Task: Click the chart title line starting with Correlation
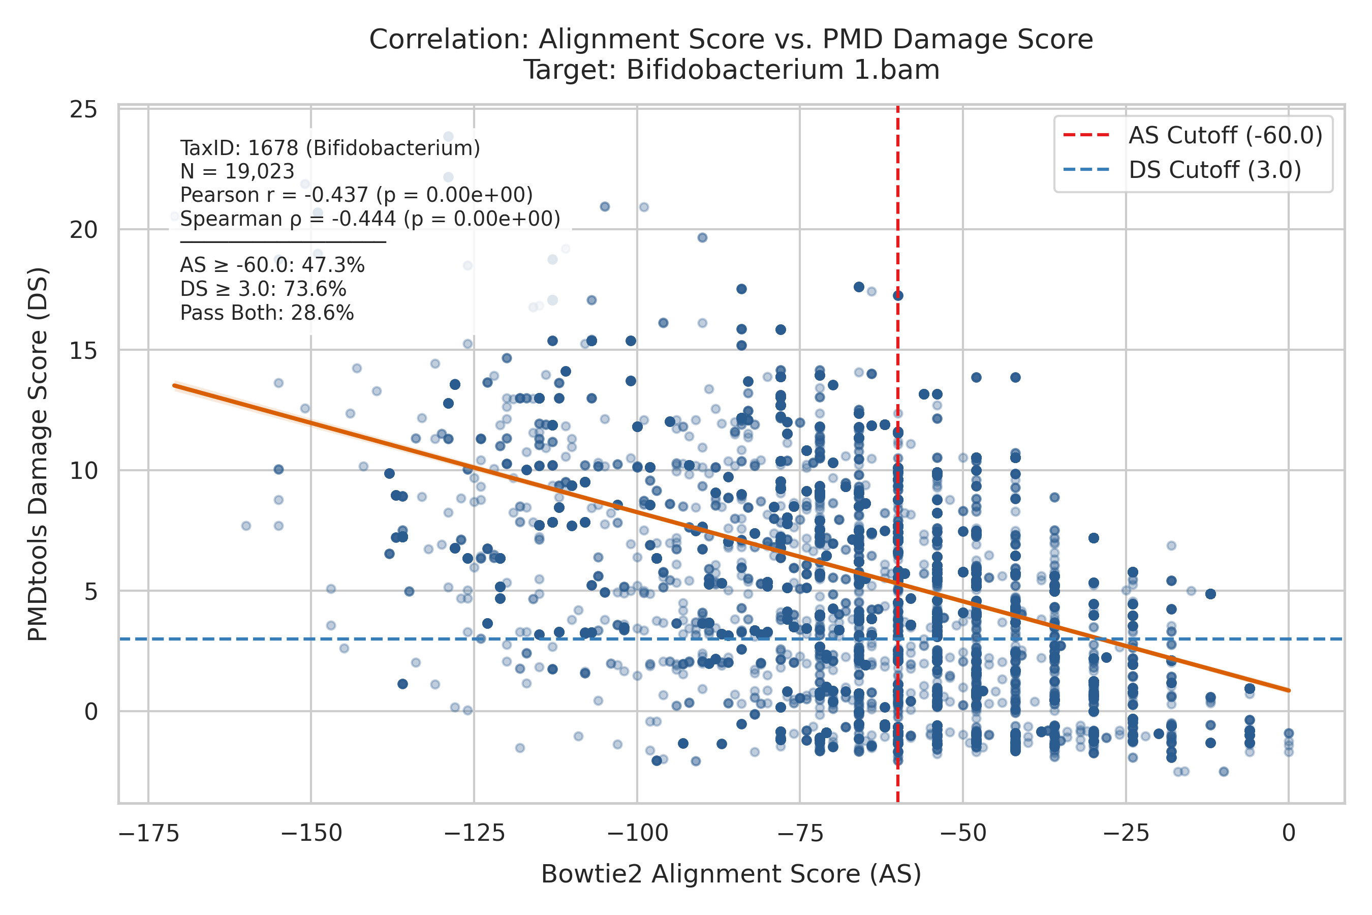click(x=731, y=40)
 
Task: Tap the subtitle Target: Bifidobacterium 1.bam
click(x=731, y=70)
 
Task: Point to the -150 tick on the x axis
click(x=311, y=833)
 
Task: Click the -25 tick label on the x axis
click(x=1127, y=833)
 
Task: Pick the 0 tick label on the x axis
click(x=1289, y=833)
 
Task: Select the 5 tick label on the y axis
click(x=91, y=592)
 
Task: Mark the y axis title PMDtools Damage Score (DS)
click(x=38, y=454)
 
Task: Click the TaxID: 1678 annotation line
click(x=330, y=148)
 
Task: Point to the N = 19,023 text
click(x=237, y=172)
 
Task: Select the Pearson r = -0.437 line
click(x=356, y=195)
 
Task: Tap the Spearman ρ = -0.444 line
click(x=370, y=219)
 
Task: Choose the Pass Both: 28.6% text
click(x=267, y=313)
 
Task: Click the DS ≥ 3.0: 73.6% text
click(x=263, y=289)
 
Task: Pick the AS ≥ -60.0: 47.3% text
click(x=272, y=265)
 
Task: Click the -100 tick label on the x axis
click(x=637, y=833)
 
